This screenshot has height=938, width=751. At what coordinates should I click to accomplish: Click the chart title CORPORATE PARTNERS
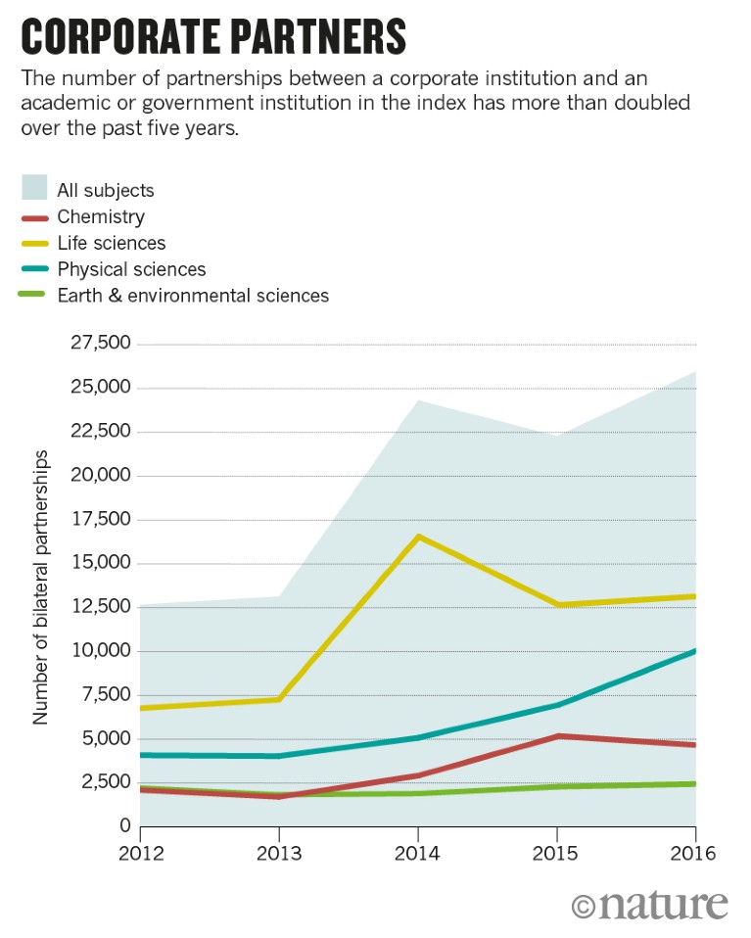(212, 36)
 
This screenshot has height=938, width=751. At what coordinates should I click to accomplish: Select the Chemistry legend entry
(101, 216)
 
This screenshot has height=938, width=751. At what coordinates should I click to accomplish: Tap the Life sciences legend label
(112, 243)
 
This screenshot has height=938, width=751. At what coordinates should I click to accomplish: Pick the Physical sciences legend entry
(131, 268)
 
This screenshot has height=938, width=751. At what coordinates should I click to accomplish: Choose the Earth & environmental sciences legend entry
(193, 295)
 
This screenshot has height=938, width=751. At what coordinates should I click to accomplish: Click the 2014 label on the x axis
(418, 854)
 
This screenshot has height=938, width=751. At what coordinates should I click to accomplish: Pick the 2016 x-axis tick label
(695, 854)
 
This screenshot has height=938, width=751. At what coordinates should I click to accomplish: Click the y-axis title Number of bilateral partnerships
(41, 587)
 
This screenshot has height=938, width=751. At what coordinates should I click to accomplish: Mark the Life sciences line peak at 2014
(418, 536)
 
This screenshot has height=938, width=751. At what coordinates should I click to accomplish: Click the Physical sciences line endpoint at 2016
(695, 651)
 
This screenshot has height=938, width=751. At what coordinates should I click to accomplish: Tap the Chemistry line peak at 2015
(557, 735)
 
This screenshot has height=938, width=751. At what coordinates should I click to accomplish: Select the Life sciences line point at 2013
(279, 699)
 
